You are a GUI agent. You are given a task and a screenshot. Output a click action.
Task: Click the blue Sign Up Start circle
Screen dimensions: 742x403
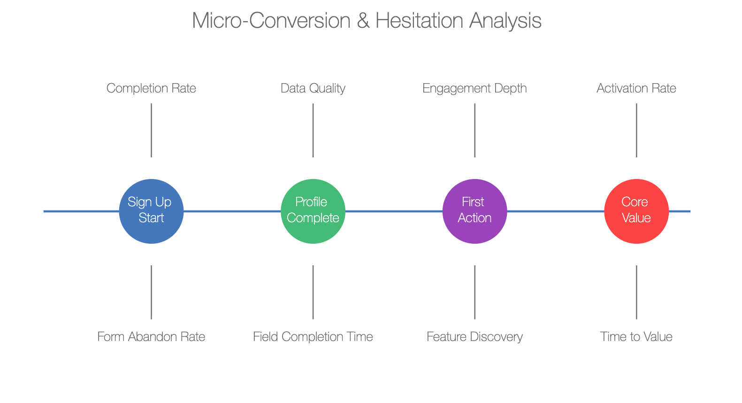coord(152,211)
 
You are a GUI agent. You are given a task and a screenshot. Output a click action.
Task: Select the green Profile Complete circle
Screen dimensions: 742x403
coord(313,211)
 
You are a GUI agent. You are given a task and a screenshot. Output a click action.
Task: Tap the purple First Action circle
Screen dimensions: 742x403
coord(474,211)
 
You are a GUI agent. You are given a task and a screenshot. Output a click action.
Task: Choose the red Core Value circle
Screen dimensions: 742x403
coord(636,211)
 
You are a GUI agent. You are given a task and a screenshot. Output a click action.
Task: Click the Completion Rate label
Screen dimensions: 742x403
coord(152,88)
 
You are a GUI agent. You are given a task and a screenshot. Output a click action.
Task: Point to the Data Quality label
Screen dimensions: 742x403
coord(313,88)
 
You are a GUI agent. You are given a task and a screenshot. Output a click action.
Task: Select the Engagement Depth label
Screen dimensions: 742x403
coord(474,88)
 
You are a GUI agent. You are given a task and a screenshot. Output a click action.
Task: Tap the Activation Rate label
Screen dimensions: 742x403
coord(636,88)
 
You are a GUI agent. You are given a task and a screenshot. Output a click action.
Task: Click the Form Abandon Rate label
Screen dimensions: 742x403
coord(152,337)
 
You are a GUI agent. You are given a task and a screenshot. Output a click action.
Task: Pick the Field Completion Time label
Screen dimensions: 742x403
coord(313,337)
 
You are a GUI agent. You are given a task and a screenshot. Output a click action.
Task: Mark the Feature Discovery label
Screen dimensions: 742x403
coord(474,337)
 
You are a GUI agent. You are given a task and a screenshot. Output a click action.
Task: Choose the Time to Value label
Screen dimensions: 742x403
coord(636,337)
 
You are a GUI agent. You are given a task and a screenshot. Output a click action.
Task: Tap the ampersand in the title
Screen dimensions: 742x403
coord(363,21)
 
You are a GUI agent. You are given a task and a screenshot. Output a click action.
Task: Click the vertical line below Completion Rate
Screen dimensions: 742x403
coord(152,130)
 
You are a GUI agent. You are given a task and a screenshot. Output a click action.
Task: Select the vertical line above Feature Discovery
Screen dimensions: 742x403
coord(474,292)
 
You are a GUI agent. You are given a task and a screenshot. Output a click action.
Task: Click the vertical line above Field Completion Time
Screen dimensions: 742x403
coord(313,292)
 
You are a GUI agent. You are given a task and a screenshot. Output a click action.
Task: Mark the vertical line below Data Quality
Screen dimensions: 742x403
coord(313,130)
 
